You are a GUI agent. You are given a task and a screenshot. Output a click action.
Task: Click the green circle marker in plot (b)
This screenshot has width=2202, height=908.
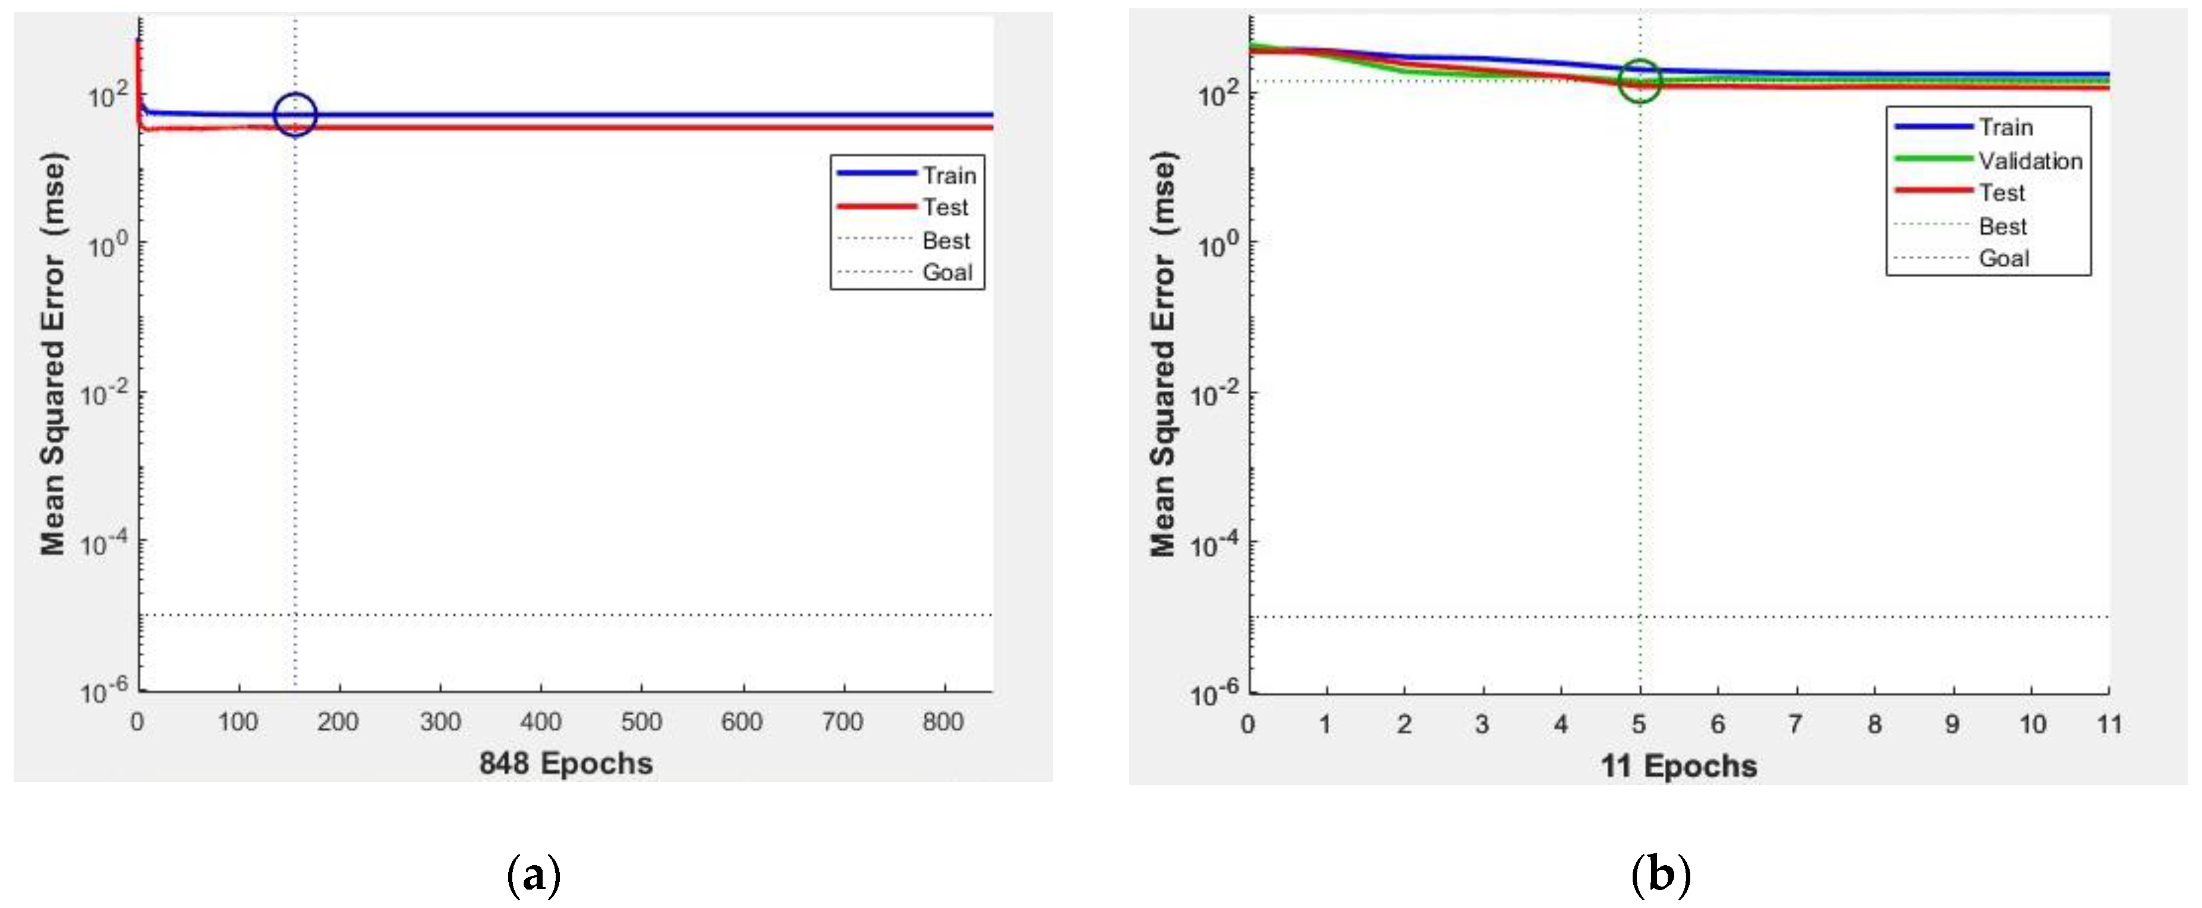point(1640,81)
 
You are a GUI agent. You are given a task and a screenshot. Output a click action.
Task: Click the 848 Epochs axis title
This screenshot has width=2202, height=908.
point(566,763)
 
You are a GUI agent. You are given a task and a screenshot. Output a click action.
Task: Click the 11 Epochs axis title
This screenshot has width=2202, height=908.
point(1678,765)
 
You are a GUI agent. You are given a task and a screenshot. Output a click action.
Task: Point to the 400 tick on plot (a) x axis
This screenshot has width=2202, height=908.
point(540,722)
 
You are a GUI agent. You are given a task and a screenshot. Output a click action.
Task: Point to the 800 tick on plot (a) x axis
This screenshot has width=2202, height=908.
point(943,722)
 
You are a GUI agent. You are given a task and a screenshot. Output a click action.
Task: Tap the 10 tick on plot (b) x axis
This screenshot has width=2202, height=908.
point(2032,725)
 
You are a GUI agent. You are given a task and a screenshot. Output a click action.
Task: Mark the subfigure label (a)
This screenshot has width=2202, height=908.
point(534,875)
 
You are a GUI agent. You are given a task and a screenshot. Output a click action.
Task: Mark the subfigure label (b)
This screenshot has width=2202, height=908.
point(1661,875)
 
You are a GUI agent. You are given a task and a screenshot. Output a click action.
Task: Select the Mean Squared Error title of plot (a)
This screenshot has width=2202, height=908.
point(53,353)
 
